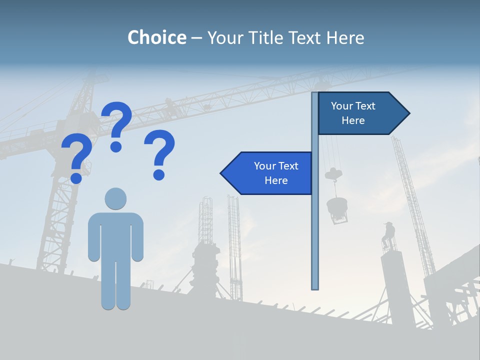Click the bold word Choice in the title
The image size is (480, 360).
(156, 37)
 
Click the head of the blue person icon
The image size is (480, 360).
(115, 198)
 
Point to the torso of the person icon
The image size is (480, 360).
(115, 235)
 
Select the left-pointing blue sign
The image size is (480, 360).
(270, 173)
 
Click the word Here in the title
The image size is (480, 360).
(345, 37)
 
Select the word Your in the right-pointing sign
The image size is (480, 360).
(342, 106)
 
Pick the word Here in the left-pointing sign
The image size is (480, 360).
(276, 180)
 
